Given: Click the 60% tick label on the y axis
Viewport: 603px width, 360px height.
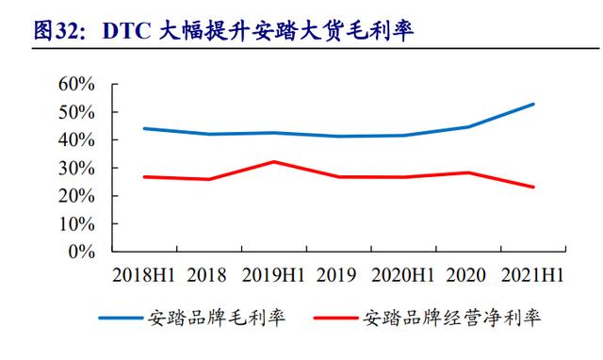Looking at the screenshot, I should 74,84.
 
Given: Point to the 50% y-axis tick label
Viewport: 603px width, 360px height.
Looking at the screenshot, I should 74,112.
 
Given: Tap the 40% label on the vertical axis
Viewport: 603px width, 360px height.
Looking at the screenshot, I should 74,140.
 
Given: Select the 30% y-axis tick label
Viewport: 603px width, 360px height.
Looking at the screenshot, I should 74,169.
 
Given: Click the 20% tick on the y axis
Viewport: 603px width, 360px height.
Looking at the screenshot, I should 74,196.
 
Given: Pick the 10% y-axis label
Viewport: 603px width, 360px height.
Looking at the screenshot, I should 74,224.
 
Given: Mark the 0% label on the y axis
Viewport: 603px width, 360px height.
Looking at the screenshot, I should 79,253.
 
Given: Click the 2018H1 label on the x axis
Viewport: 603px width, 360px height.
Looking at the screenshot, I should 144,275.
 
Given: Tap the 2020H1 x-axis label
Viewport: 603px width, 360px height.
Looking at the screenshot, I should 403,275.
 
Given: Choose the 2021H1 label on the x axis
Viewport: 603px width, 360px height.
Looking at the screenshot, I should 532,275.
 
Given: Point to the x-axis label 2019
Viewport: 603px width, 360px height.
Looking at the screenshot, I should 337,275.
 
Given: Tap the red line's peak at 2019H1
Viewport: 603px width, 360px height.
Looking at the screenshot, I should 273,162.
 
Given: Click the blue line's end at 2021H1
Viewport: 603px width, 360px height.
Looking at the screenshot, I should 534,104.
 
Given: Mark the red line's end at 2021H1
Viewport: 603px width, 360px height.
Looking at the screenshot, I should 534,187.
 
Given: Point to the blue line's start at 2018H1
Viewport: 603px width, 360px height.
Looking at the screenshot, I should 143,128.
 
